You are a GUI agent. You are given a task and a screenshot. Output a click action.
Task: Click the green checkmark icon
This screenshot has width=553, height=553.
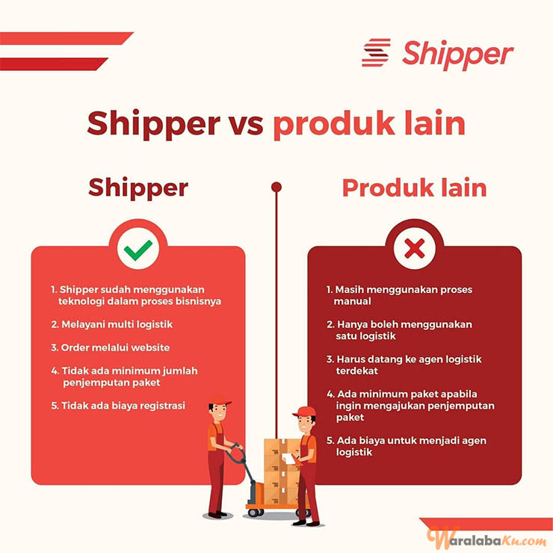[x=138, y=250]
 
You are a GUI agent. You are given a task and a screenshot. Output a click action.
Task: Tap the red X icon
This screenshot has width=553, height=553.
[x=415, y=249]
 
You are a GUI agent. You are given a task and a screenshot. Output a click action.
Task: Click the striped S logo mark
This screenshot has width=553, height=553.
[x=377, y=52]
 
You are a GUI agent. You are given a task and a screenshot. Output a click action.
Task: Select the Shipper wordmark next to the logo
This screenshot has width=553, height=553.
[x=458, y=55]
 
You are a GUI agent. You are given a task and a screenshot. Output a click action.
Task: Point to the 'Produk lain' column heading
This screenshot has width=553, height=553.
[x=415, y=188]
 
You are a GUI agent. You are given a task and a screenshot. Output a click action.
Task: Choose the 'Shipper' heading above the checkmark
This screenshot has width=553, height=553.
[x=138, y=188]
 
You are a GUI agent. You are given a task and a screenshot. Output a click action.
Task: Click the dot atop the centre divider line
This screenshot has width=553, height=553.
[x=276, y=187]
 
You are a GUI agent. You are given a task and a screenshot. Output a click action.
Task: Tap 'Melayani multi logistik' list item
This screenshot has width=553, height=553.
[x=112, y=324]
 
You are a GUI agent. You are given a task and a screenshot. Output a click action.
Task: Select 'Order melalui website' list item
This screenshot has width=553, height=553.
[x=111, y=347]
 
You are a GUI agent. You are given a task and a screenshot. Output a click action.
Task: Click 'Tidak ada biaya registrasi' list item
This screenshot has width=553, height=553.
[x=118, y=406]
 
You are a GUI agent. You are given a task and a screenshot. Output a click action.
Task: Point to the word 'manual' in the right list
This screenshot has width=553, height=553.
[x=352, y=301]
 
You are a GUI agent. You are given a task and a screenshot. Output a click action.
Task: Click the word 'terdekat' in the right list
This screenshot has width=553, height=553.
[x=357, y=371]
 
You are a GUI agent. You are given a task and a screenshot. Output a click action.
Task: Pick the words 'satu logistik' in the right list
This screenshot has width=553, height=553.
[x=365, y=336]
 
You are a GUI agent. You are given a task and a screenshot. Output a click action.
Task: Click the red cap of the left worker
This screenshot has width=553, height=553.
[x=220, y=400]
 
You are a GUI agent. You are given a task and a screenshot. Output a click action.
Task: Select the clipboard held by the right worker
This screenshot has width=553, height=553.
[x=289, y=459]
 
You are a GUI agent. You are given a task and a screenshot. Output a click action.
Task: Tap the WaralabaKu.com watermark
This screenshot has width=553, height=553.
[x=489, y=539]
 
